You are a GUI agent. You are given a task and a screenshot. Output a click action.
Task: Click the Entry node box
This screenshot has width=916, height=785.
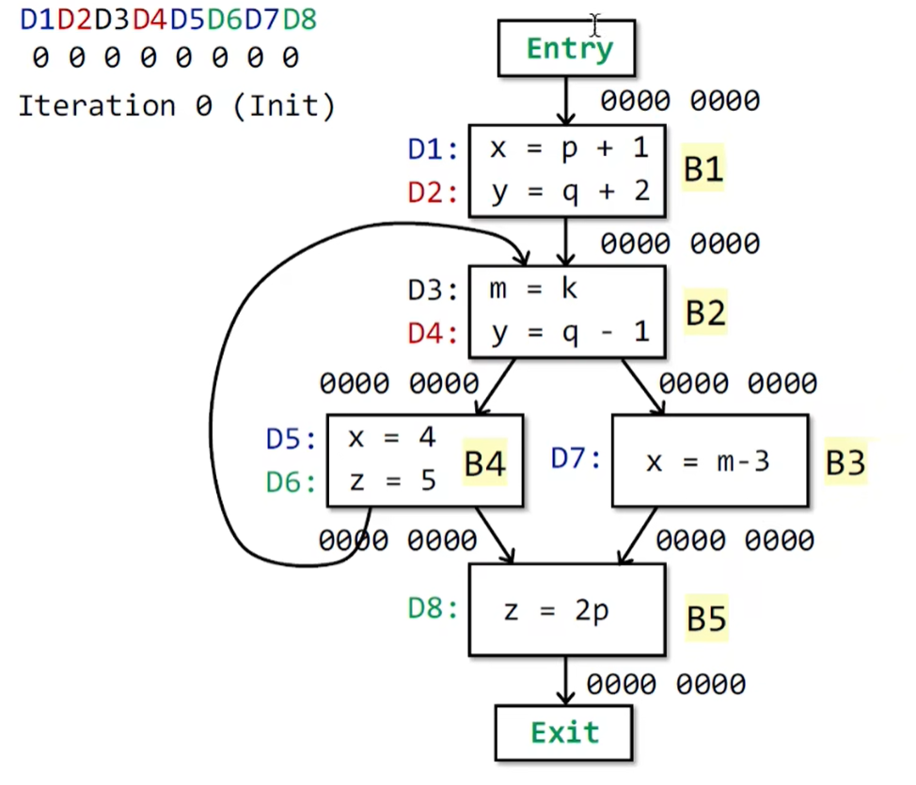566,48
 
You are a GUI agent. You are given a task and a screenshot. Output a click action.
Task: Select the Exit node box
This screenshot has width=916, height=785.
564,731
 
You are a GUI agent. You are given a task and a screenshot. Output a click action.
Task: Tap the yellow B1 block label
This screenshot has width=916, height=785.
703,170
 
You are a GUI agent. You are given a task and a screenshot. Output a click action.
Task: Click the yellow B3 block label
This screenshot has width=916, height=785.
845,463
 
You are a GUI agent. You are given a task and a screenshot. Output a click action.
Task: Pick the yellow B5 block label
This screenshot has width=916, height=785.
706,619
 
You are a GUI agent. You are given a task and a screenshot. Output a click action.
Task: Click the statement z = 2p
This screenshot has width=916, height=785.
556,611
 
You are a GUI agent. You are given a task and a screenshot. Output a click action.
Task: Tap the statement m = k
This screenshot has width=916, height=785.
532,289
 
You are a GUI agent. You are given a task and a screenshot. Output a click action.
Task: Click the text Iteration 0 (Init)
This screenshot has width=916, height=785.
176,105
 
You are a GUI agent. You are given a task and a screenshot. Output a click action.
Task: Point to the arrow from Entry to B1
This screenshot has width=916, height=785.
566,101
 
